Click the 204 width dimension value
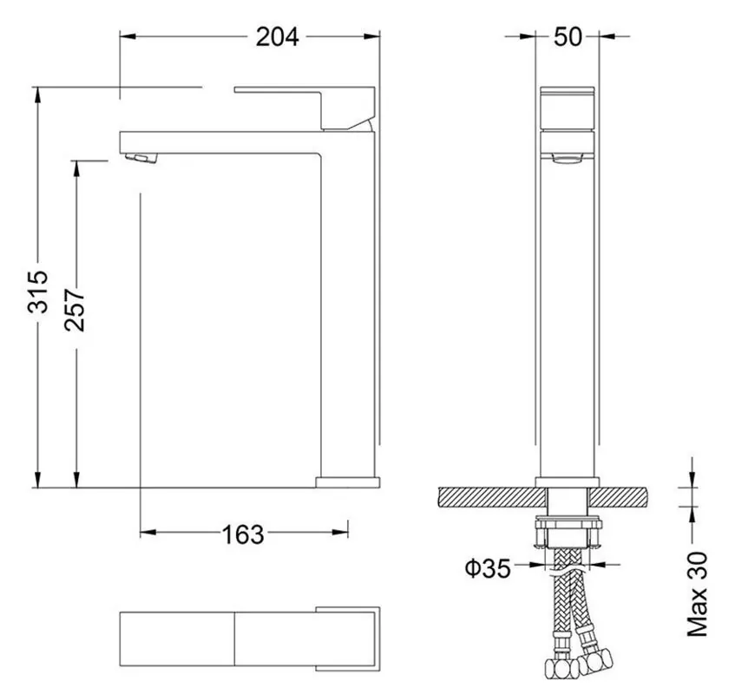coord(277,36)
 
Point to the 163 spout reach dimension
coord(243,534)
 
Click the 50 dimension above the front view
coord(568,36)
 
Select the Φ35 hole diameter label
coord(487,568)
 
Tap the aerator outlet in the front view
coord(568,158)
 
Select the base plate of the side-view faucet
coord(348,481)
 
